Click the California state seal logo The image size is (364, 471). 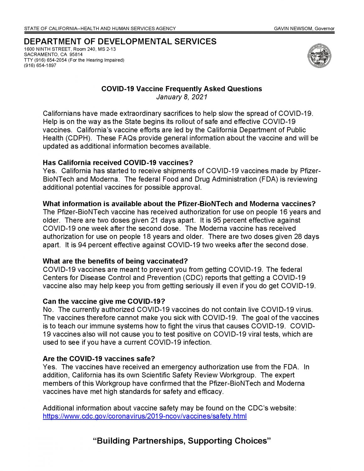click(319, 56)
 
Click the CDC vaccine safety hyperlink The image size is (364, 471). click(144, 416)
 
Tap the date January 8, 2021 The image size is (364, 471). click(182, 97)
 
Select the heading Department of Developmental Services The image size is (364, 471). click(120, 42)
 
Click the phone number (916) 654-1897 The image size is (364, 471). click(40, 65)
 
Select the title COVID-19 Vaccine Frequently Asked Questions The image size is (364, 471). click(182, 89)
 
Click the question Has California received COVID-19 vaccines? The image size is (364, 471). click(118, 163)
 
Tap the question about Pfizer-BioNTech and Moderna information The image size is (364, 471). click(179, 203)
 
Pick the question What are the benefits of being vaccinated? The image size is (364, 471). click(115, 261)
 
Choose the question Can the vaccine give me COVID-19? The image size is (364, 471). click(104, 301)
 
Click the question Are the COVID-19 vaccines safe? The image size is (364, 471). click(99, 359)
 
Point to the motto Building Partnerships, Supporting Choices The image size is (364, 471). click(182, 441)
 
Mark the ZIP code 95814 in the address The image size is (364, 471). click(76, 55)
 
